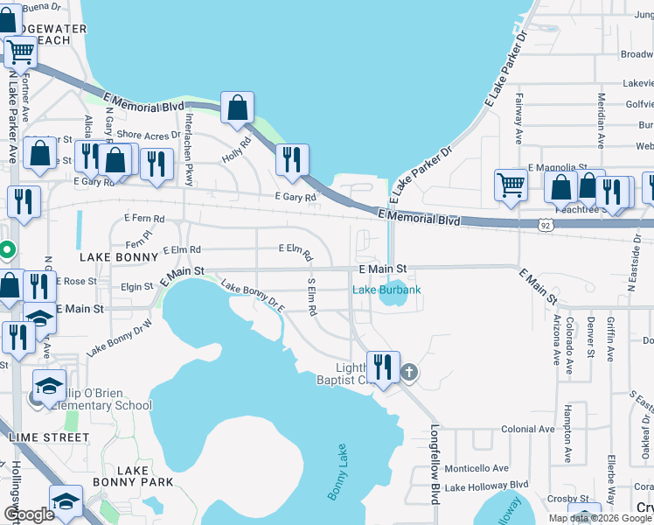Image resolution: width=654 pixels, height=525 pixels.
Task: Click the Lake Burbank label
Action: click(386, 290)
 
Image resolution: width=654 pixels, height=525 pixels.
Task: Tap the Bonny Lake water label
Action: click(338, 472)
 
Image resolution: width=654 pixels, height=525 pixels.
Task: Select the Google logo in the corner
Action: click(29, 514)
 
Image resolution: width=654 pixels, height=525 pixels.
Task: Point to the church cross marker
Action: click(408, 374)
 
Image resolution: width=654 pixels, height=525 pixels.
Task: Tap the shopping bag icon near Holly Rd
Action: click(237, 108)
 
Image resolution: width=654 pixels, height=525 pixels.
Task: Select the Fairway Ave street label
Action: click(518, 118)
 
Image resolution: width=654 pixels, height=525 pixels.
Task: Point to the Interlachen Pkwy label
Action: click(188, 141)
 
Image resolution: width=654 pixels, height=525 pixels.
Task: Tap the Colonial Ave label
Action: click(528, 430)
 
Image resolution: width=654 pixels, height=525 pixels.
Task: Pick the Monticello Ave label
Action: click(477, 468)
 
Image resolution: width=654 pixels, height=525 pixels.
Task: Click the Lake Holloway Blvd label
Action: click(486, 486)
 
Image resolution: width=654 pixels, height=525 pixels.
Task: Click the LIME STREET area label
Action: click(47, 437)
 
